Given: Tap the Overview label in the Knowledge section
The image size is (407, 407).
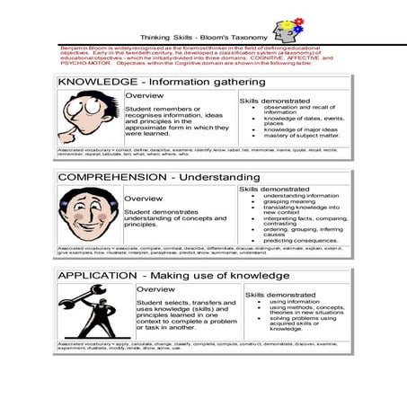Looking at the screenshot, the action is pos(144,95).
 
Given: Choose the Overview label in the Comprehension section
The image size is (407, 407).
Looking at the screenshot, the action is pos(143,199).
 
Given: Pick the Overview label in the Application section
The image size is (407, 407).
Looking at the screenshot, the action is pos(156,289).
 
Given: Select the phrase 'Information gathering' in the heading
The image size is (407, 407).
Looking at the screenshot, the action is pos(196,83).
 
